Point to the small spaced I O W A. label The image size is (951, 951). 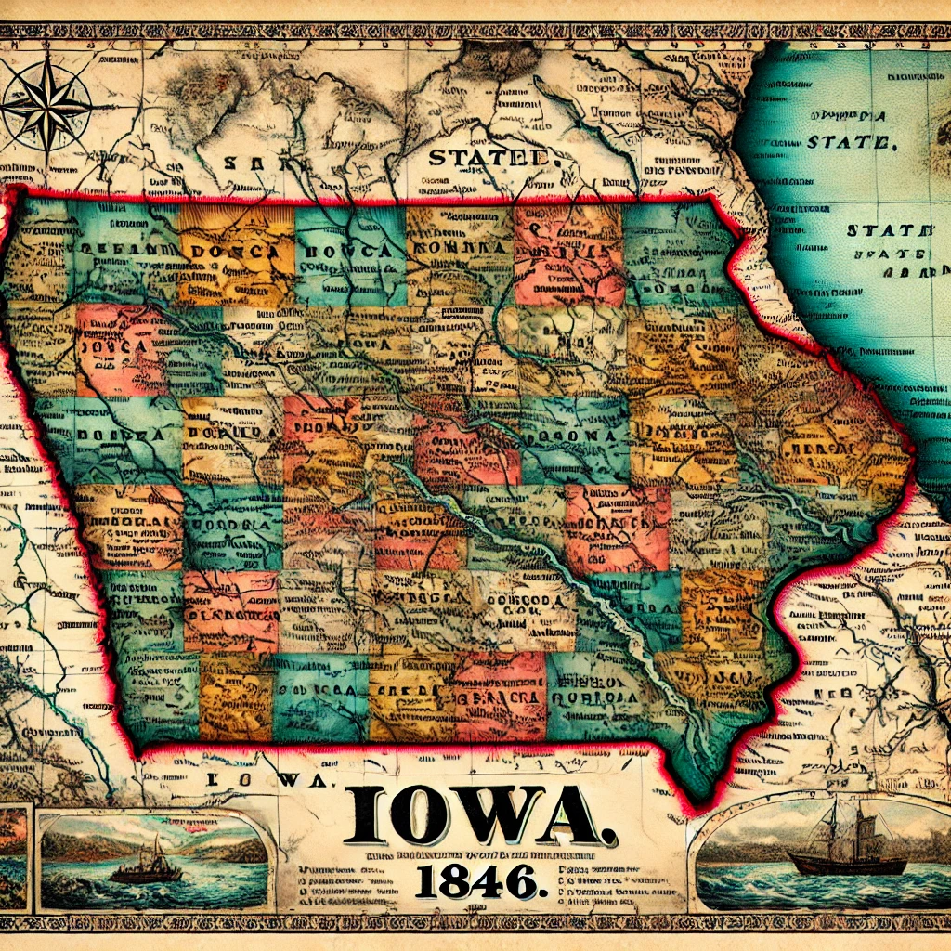pos(267,783)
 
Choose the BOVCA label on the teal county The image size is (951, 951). pos(347,251)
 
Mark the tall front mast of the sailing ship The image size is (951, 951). pos(834,827)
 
